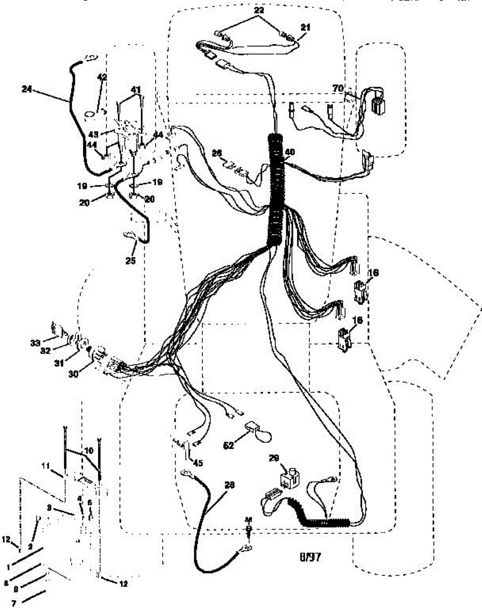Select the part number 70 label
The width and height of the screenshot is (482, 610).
coord(338,88)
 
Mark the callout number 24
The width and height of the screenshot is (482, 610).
coord(27,88)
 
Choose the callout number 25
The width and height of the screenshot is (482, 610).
coord(131,260)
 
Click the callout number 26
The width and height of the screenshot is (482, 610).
coord(217,153)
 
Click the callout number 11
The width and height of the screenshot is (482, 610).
coord(46,465)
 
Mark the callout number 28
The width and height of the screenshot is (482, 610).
coord(230,485)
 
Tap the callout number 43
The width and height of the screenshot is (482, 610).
coord(93,134)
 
